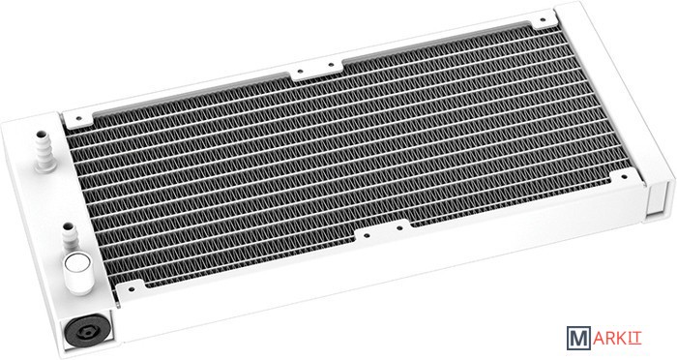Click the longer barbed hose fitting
[x=44, y=150]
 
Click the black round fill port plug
[x=88, y=330]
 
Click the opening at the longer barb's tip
[x=41, y=134]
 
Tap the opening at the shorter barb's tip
[x=68, y=225]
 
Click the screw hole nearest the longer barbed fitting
[x=78, y=117]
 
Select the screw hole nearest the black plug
[x=131, y=287]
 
